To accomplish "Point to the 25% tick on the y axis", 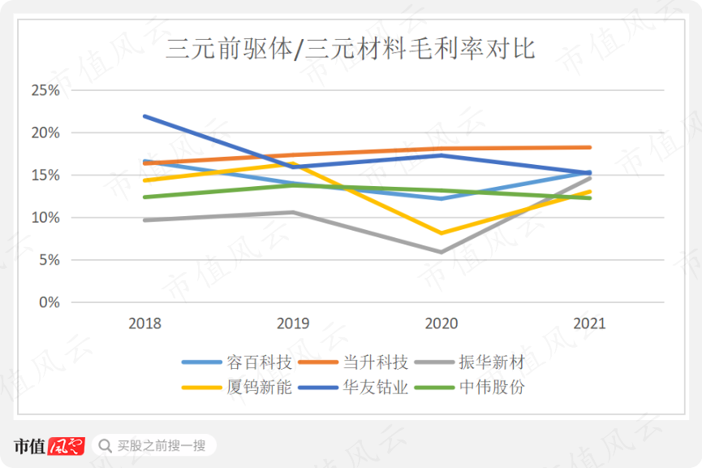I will point(45,90).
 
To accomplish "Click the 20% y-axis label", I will point(45,132).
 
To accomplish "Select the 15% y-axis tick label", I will point(45,175).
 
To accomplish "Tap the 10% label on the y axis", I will point(45,218).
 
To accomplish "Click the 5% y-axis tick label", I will point(48,260).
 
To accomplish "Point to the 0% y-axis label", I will point(48,302).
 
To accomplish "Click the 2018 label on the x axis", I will point(144,323).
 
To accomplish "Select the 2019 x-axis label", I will point(293,323).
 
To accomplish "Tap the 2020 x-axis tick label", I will point(441,323).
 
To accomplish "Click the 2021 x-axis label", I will point(589,323).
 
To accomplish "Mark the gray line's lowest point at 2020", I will point(441,252).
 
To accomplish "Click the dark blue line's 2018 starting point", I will point(144,116).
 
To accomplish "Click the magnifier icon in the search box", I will point(105,445).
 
